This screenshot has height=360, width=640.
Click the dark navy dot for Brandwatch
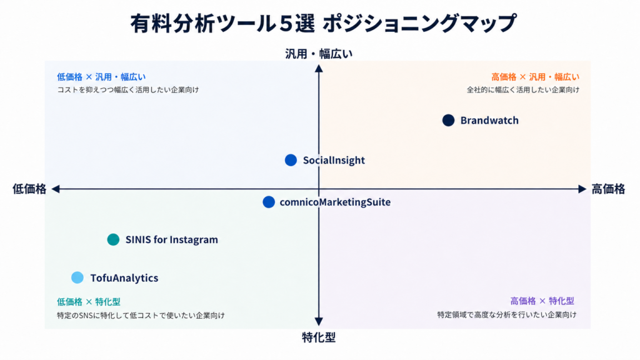(448, 121)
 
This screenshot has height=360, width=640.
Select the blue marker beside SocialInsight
(291, 160)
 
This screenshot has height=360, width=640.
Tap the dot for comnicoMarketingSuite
(269, 202)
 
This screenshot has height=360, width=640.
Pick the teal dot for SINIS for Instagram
(113, 239)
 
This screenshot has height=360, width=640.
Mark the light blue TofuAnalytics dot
(77, 277)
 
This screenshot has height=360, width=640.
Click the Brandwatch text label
(489, 121)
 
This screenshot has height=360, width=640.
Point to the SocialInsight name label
(334, 161)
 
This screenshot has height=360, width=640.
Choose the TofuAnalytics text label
(124, 278)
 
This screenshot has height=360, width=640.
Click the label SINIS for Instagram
(171, 239)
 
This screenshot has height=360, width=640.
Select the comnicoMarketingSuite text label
(335, 202)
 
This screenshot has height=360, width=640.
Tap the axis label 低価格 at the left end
(29, 189)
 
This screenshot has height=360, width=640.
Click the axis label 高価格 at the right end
(608, 189)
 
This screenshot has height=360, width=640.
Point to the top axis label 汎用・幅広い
(319, 54)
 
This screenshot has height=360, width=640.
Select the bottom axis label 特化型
(319, 337)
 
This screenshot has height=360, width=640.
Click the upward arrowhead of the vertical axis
(319, 68)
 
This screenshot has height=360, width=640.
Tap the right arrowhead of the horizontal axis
(582, 189)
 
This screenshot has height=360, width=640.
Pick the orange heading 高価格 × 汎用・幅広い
(535, 77)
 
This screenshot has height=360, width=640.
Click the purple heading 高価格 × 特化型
(542, 301)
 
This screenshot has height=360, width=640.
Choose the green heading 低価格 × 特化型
(89, 302)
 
